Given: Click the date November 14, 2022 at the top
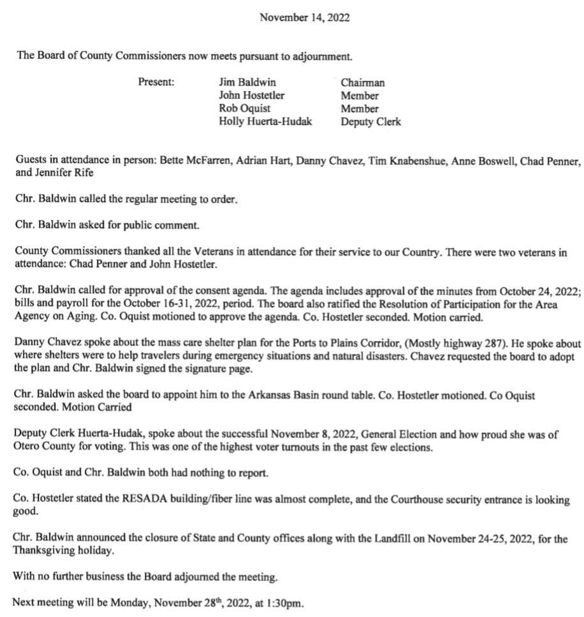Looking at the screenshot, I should (304, 18).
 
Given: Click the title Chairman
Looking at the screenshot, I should (362, 82).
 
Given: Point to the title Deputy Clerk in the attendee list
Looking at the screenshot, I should (370, 122).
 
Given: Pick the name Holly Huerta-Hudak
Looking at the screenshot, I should (265, 122).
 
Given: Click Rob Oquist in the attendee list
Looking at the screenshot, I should (244, 109).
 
